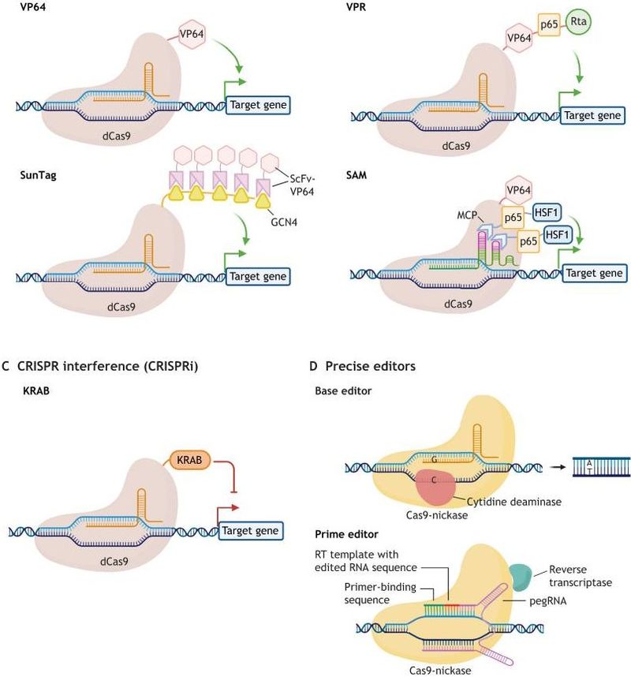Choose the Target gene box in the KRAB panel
point(251,530)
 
